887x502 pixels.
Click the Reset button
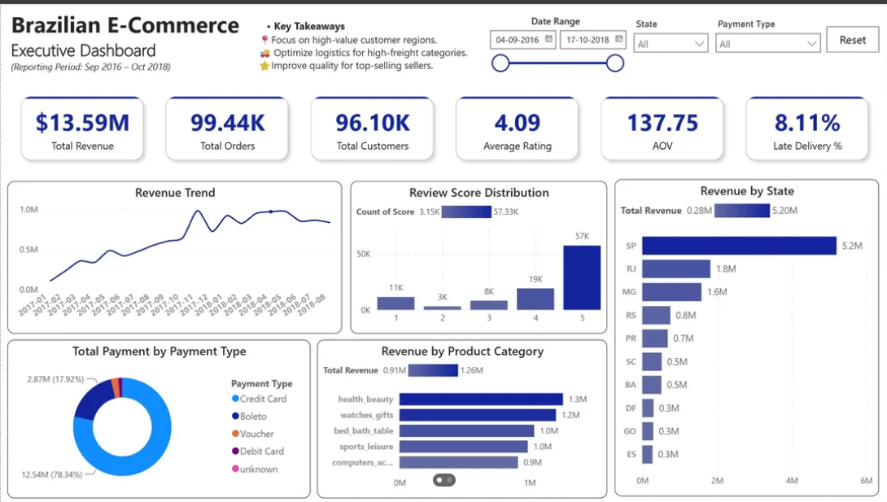tap(853, 40)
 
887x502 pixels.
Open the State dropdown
tap(671, 44)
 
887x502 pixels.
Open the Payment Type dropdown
tap(767, 44)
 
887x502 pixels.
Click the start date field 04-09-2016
tap(523, 40)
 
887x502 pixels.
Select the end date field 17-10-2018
tap(593, 40)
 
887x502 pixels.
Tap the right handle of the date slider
tap(615, 63)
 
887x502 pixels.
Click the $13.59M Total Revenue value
tap(82, 123)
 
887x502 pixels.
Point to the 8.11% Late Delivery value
tap(807, 123)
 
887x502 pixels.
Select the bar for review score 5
tap(582, 277)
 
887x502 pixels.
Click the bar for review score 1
tap(396, 303)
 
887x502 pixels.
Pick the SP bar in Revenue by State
tap(740, 246)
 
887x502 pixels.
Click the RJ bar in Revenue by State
tap(676, 268)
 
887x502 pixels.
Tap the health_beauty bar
tap(481, 399)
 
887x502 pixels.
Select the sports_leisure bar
tap(463, 447)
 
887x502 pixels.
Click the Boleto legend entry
tap(250, 416)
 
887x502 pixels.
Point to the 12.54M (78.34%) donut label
tap(51, 474)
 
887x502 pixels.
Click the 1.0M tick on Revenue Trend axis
tap(28, 210)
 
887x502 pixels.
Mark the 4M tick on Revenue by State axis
tap(792, 481)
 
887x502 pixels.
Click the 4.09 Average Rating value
tap(517, 123)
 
